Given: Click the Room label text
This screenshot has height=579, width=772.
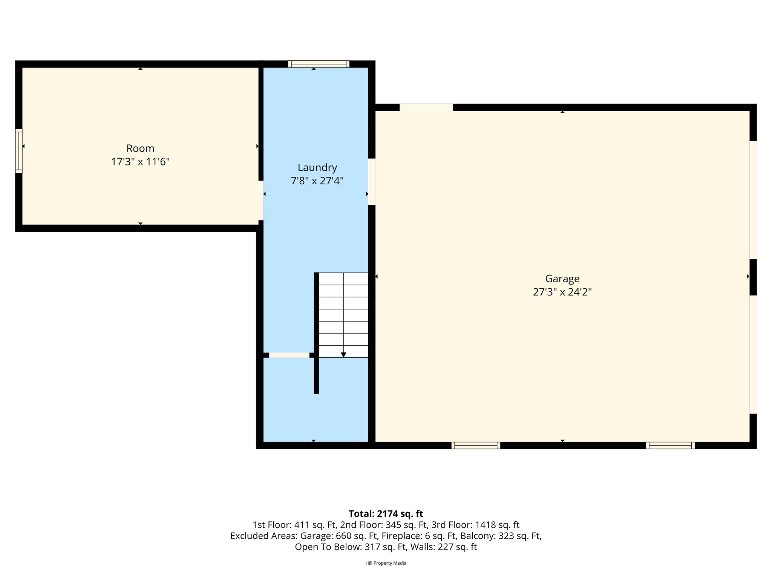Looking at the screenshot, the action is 140,148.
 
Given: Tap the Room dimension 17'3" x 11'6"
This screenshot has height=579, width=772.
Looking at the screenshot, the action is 140,162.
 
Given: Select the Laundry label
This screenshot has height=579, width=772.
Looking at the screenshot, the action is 317,167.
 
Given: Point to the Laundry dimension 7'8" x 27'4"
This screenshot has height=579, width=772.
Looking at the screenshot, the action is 317,181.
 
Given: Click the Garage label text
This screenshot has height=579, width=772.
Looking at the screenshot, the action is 562,279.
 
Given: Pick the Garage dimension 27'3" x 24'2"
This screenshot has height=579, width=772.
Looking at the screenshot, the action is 562,292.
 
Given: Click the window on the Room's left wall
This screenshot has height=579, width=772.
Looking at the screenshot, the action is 18,151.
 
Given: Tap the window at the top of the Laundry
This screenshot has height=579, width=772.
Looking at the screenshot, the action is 319,64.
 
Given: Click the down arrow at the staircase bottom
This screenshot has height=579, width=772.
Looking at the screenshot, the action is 343,355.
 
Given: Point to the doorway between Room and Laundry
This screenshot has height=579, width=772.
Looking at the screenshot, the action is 260,201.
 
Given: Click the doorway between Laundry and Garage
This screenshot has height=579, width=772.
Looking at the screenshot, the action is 372,182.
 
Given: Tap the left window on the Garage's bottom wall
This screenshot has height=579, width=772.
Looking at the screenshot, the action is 476,445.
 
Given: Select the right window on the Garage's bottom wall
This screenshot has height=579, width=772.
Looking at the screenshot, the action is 670,445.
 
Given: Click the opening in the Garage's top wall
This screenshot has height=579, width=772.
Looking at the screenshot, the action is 426,107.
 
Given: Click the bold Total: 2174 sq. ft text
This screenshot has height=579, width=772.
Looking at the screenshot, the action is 386,514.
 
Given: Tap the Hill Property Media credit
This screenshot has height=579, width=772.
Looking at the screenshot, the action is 386,563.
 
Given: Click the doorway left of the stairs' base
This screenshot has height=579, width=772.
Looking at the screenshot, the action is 289,355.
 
